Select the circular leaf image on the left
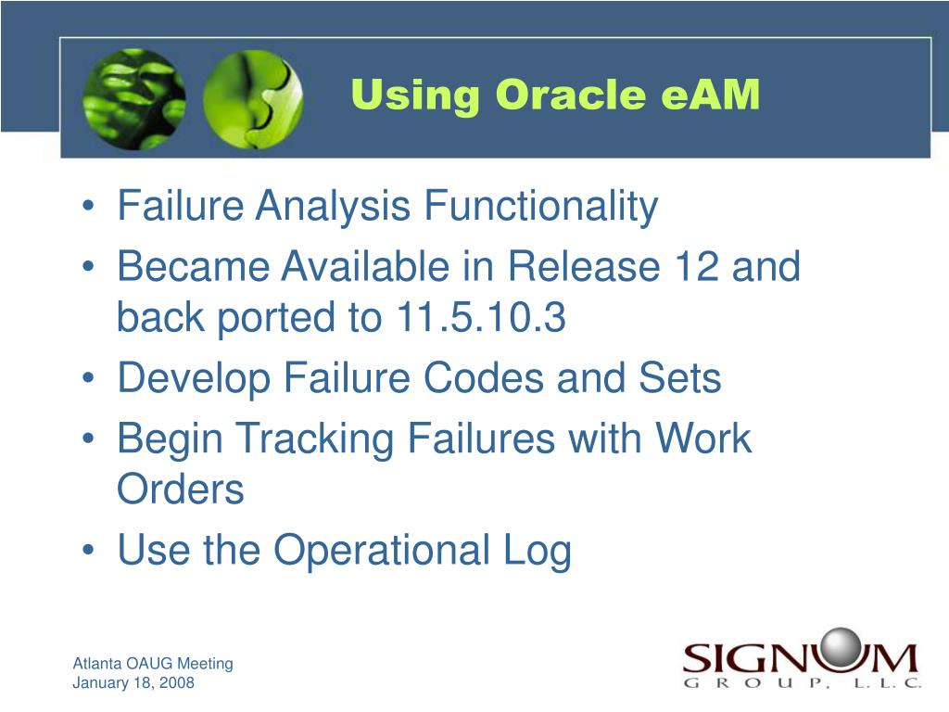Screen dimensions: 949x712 pos(133,98)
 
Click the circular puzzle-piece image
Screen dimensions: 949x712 pos(253,99)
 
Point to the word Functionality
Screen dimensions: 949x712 pos(540,206)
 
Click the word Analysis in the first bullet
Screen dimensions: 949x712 pos(333,206)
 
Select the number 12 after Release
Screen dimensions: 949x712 pos(696,266)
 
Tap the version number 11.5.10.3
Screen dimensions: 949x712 pos(481,317)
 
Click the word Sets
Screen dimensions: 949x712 pos(680,378)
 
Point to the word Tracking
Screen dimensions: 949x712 pos(315,439)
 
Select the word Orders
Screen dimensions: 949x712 pos(181,489)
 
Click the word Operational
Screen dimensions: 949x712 pos(381,551)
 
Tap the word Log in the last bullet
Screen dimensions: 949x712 pos(538,551)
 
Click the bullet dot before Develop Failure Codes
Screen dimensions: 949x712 pos(88,378)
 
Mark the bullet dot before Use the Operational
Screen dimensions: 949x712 pos(88,551)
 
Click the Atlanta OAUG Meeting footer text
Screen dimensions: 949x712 pos(153,664)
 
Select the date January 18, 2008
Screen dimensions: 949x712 pos(133,683)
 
